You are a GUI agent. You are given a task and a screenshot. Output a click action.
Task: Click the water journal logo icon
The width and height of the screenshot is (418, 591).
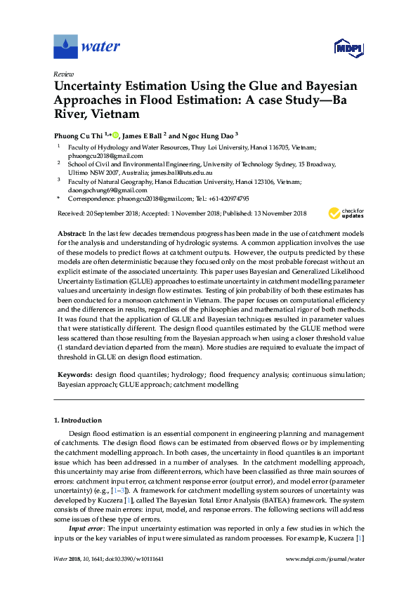[x=65, y=46]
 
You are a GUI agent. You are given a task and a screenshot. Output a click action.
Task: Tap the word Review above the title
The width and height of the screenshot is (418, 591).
[x=63, y=74]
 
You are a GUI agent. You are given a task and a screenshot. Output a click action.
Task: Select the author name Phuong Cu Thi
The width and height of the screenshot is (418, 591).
[x=78, y=134]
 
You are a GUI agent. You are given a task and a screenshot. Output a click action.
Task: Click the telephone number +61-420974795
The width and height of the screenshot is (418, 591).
[x=224, y=199]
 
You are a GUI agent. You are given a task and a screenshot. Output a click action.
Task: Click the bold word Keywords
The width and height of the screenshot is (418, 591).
[x=75, y=376]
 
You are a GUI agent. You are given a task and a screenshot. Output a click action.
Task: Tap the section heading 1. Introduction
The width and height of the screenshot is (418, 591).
[x=77, y=420]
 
